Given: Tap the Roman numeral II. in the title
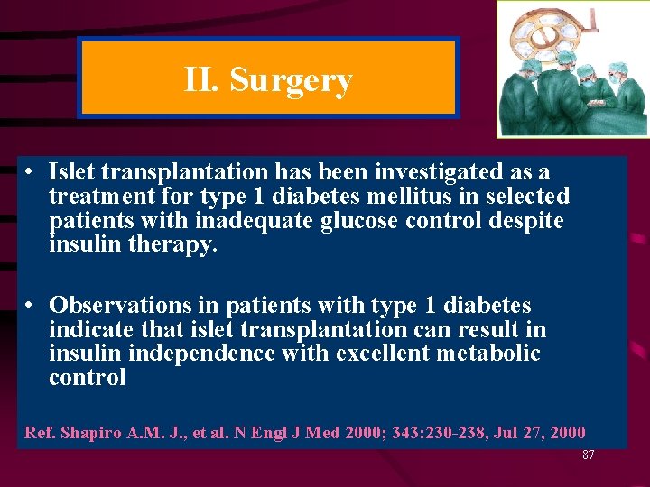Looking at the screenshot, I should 202,81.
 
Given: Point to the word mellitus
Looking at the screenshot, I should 391,196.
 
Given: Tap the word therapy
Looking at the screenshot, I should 172,244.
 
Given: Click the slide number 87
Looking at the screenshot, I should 588,455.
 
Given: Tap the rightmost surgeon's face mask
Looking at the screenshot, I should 613,79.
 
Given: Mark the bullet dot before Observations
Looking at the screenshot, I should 30,306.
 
